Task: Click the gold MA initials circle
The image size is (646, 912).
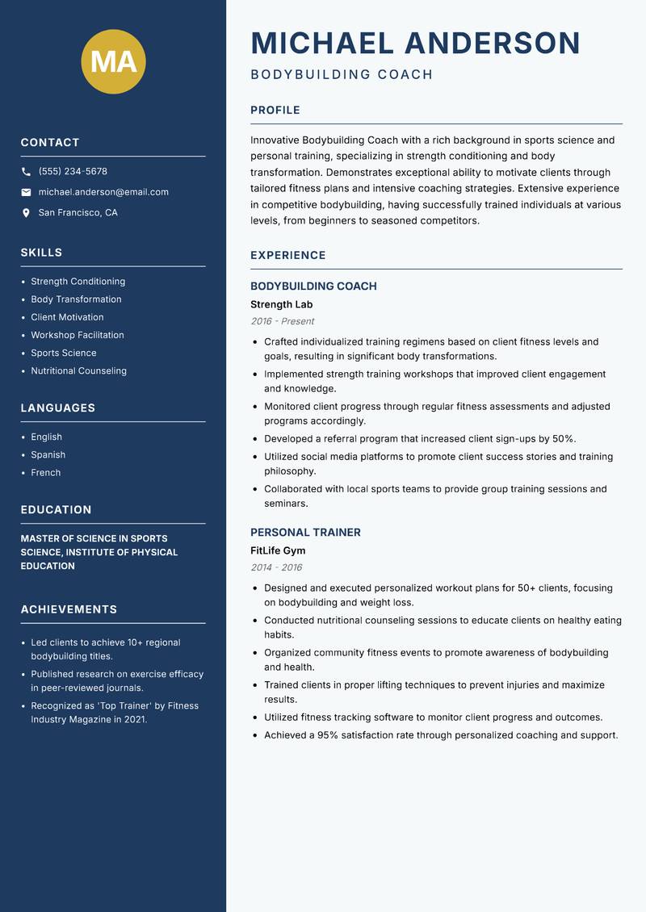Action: click(113, 62)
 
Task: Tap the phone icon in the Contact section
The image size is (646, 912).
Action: click(26, 172)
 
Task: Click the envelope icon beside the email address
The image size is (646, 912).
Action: click(26, 192)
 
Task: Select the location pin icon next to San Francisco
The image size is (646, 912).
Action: click(26, 213)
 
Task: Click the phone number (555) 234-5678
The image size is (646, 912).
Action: click(73, 172)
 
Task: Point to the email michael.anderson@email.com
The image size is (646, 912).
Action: click(103, 192)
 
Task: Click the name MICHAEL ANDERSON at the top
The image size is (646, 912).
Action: click(415, 44)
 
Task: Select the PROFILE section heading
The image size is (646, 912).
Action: click(275, 111)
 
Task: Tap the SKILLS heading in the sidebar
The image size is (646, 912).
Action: click(41, 253)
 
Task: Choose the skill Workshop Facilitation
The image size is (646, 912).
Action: click(78, 335)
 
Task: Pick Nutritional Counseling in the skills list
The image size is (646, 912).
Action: click(78, 371)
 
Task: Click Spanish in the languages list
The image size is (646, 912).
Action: click(48, 455)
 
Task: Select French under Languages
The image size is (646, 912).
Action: click(45, 473)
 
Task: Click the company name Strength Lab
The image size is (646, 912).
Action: click(281, 305)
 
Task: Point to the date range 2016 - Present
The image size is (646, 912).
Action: click(282, 321)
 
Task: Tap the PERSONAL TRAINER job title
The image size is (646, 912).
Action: click(305, 533)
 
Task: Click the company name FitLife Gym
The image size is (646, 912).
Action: click(278, 551)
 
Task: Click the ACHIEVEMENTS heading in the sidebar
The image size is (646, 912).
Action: click(69, 609)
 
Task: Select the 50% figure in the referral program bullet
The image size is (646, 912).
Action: click(563, 439)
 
